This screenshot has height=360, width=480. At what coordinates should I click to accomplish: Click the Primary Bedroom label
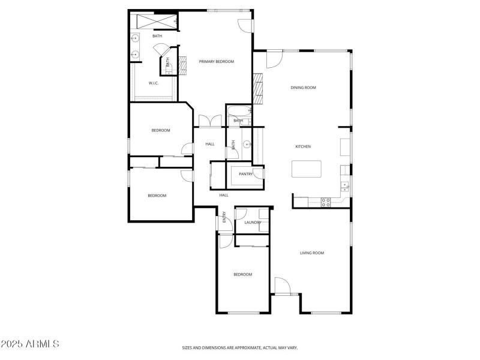[x=217, y=62]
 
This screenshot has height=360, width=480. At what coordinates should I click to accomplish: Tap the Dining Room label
[x=303, y=88]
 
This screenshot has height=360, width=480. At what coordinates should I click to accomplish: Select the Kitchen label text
[x=302, y=147]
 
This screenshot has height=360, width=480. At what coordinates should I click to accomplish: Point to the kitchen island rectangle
[x=306, y=169]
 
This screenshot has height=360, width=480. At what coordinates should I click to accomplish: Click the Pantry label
[x=245, y=175]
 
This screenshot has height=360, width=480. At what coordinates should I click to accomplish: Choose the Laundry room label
[x=253, y=223]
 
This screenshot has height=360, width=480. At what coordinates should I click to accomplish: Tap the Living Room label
[x=312, y=253]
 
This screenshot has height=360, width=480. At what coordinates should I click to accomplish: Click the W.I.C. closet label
[x=154, y=83]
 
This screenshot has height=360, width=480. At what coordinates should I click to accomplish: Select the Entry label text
[x=224, y=217]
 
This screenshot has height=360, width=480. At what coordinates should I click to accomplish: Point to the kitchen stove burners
[x=326, y=202]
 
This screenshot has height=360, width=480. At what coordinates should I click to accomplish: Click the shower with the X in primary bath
[x=155, y=22]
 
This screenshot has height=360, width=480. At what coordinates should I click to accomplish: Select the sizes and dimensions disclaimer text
[x=240, y=347]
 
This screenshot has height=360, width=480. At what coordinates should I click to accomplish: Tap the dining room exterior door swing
[x=274, y=58]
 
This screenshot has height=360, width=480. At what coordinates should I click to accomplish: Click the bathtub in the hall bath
[x=239, y=112]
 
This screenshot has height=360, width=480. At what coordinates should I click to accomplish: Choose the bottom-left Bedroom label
[x=157, y=196]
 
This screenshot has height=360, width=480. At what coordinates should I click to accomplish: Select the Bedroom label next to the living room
[x=242, y=275]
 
